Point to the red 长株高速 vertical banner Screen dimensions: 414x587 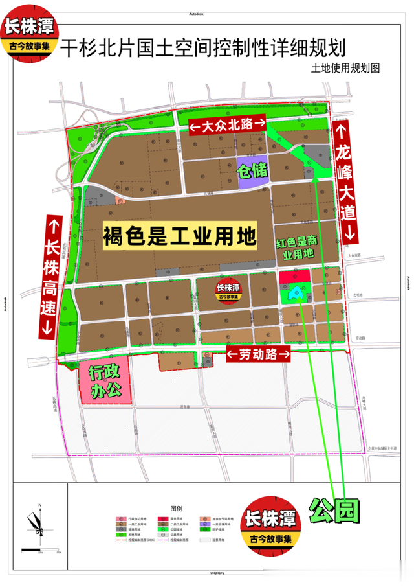pyautogui.click(x=52, y=275)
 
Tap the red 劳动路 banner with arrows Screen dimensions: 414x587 pyautogui.click(x=257, y=355)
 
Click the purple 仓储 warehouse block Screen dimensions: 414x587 pyautogui.click(x=252, y=172)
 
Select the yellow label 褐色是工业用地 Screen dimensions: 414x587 pyautogui.click(x=179, y=236)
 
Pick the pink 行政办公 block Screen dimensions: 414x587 pyautogui.click(x=105, y=383)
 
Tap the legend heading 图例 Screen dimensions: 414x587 pyautogui.click(x=176, y=509)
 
